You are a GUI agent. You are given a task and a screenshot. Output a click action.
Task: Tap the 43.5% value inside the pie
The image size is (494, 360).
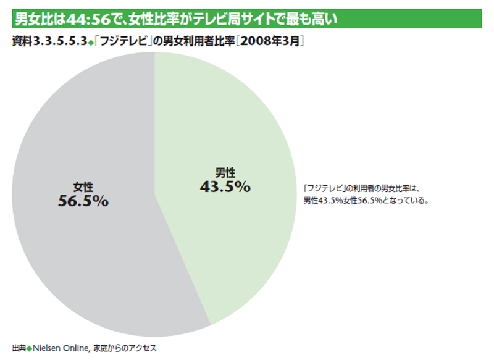pos(225,186)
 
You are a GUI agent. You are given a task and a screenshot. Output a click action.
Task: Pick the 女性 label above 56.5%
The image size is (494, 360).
pos(83,185)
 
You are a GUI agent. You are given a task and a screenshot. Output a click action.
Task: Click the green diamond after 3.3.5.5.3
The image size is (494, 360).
pos(90,43)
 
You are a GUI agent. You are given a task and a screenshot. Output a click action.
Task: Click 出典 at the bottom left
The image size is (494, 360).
pos(19,348)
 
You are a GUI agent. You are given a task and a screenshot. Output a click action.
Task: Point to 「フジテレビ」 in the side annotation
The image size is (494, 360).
pos(324,188)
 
